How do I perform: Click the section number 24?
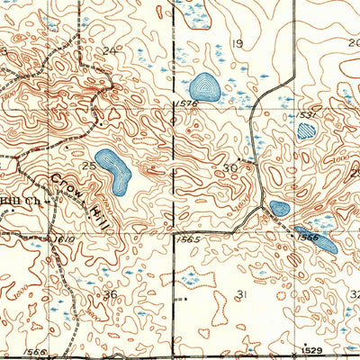111,50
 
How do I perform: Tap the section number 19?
238,43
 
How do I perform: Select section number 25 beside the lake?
89,166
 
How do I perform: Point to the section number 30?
230,167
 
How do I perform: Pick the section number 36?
110,294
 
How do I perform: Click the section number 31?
240,294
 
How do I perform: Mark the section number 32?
354,294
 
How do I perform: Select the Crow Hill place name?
67,189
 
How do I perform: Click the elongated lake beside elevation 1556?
319,239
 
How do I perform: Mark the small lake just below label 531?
307,132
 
